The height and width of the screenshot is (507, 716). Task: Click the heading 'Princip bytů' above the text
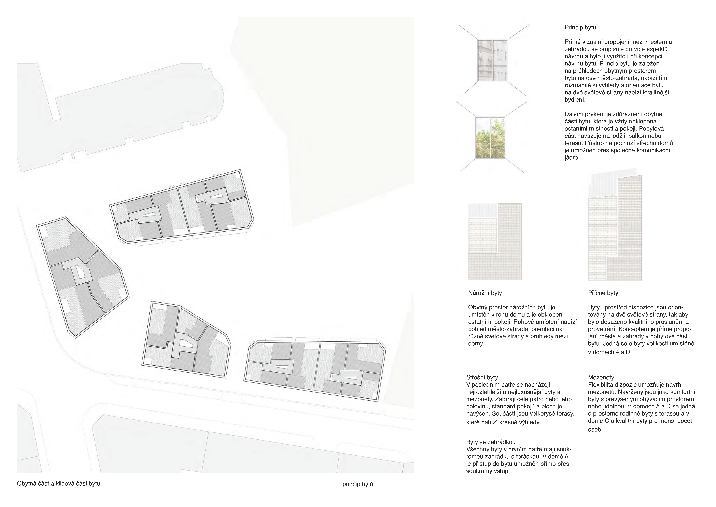point(580,27)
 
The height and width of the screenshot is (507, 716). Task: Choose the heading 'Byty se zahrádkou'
point(491,442)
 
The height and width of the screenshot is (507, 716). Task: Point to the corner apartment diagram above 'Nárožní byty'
point(495,241)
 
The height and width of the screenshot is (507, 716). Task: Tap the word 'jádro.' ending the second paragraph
point(572,158)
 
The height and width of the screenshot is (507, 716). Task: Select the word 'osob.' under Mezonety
point(595,430)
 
